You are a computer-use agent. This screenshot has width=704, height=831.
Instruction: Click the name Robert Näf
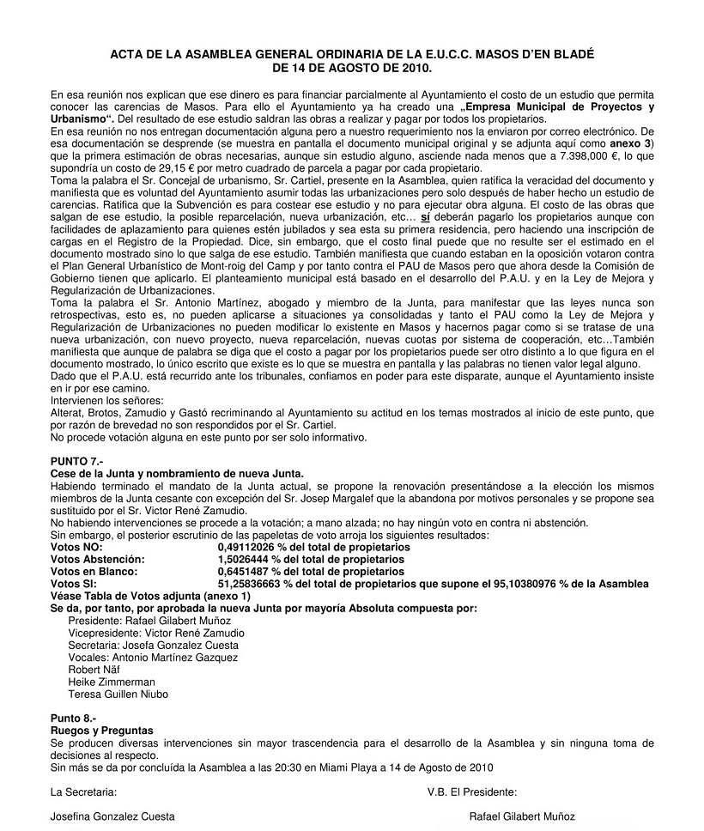point(94,670)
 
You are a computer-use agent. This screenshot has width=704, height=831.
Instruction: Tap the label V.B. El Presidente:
point(471,792)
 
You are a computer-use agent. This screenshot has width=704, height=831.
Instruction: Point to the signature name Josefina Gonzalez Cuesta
point(112,816)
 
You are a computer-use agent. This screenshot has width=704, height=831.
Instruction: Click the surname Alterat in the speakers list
point(70,413)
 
